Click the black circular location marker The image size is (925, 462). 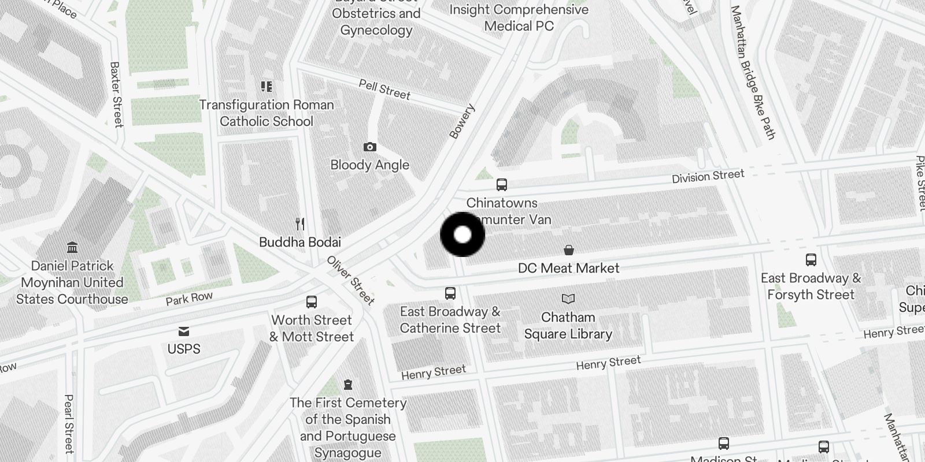pyautogui.click(x=462, y=234)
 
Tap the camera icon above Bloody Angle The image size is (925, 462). pyautogui.click(x=370, y=147)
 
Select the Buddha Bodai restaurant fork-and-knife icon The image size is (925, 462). pyautogui.click(x=299, y=223)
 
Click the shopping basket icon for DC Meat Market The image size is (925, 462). pyautogui.click(x=569, y=249)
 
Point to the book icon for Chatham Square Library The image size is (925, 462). pyautogui.click(x=568, y=299)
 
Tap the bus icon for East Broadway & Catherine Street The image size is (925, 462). pyautogui.click(x=450, y=293)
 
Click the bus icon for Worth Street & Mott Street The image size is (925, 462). pyautogui.click(x=312, y=301)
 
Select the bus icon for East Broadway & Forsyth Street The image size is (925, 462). pyautogui.click(x=811, y=260)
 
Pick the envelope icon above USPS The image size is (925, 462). pyautogui.click(x=184, y=331)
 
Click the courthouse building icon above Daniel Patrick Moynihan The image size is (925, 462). pyautogui.click(x=72, y=248)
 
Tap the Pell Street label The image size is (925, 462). pyautogui.click(x=384, y=90)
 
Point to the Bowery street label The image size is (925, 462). pyautogui.click(x=461, y=121)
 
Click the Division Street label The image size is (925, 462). pyautogui.click(x=708, y=176)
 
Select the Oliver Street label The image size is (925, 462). pyautogui.click(x=351, y=280)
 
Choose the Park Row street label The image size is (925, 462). pyautogui.click(x=189, y=299)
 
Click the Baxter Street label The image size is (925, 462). pyautogui.click(x=116, y=94)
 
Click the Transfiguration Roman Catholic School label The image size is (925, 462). pyautogui.click(x=267, y=113)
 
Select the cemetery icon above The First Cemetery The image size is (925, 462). pyautogui.click(x=348, y=384)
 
